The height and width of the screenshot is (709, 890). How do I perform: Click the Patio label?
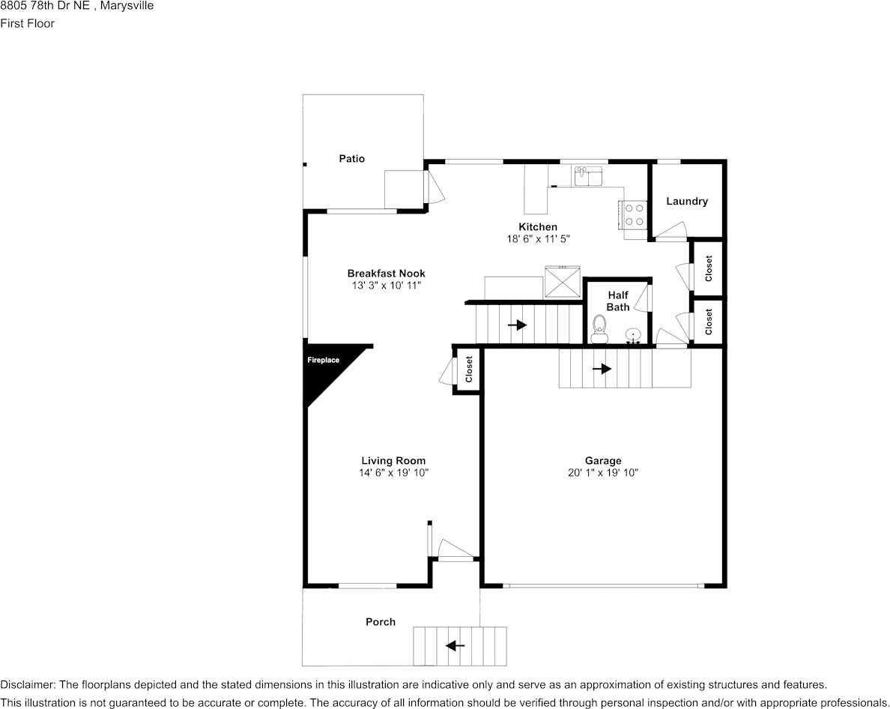351,159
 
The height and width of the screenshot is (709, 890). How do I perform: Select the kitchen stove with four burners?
635,215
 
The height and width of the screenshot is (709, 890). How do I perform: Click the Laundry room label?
686,202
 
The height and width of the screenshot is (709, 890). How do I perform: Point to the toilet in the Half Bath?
599,328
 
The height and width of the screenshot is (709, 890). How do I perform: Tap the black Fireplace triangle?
323,367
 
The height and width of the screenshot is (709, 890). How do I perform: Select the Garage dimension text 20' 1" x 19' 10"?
603,473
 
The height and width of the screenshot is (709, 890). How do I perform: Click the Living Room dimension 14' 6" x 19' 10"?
393,473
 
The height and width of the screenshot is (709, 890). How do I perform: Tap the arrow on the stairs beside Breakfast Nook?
516,325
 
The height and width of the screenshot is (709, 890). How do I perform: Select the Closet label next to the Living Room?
469,369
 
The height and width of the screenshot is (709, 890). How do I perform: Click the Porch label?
381,622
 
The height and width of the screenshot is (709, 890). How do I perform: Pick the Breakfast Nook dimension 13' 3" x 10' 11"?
386,286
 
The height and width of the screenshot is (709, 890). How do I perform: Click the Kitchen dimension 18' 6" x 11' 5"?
538,239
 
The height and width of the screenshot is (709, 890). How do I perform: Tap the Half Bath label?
618,301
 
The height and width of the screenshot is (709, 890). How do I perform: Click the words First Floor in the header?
28,23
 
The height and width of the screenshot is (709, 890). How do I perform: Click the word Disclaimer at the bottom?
27,685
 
